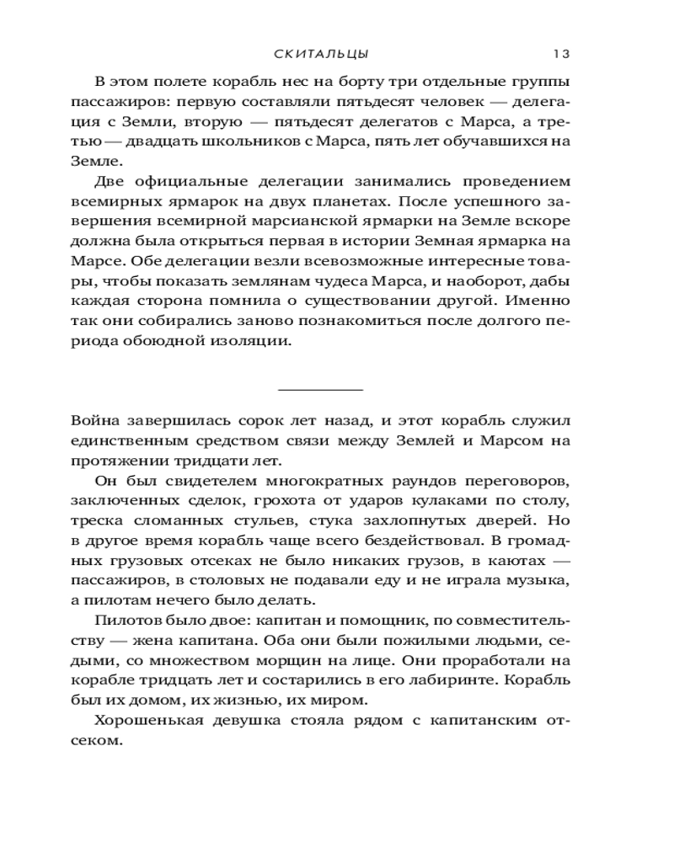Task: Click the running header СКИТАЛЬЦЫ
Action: coord(321,55)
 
